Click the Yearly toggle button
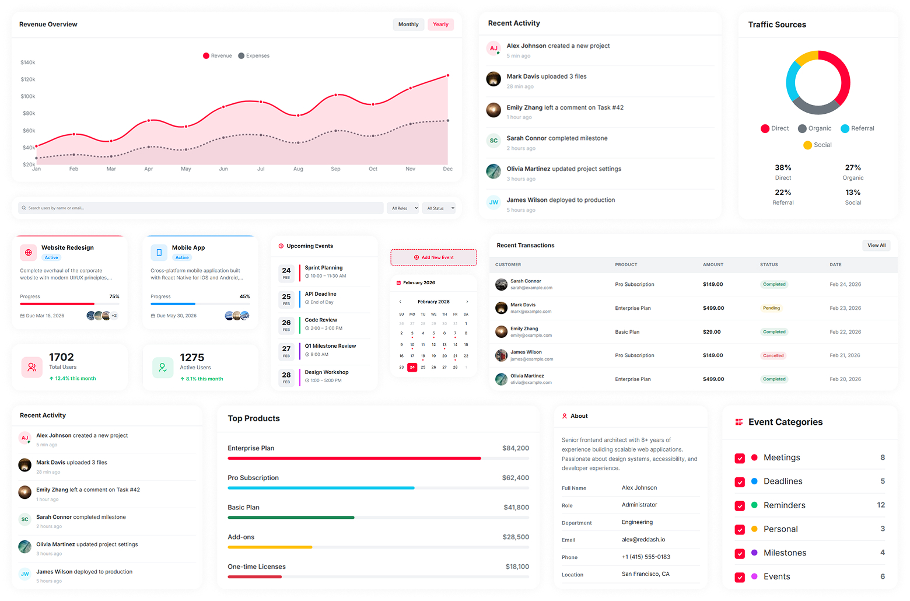pos(440,25)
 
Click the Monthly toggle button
pos(408,25)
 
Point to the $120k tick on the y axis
pos(28,79)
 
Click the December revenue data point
pos(448,75)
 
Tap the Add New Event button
pos(433,257)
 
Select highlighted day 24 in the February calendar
pos(412,367)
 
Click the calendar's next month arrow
pos(467,302)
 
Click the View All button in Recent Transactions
pos(876,246)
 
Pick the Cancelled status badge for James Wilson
pos(773,355)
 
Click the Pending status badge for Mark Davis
pos(771,308)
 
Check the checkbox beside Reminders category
pos(740,506)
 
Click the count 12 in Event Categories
pos(881,505)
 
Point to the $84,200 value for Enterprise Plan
pos(515,448)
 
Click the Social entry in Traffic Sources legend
pos(817,145)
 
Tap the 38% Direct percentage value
pos(783,167)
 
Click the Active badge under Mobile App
pos(182,257)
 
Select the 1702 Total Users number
pos(61,357)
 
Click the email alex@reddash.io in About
pos(643,540)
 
